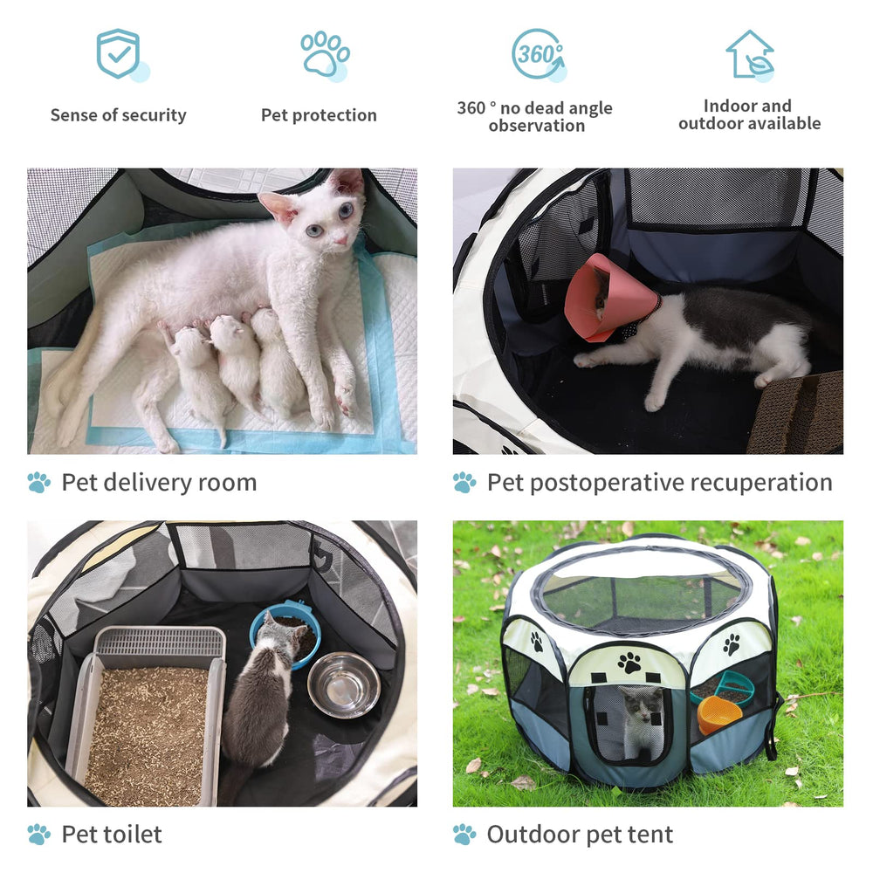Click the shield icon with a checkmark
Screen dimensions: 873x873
[x=120, y=53]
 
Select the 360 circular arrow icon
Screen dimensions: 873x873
[x=536, y=54]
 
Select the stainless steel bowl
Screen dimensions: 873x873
[x=343, y=683]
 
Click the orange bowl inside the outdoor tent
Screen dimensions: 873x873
[x=718, y=713]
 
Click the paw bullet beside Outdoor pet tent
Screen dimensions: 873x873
[x=464, y=835]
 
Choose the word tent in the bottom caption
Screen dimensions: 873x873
[x=647, y=835]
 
